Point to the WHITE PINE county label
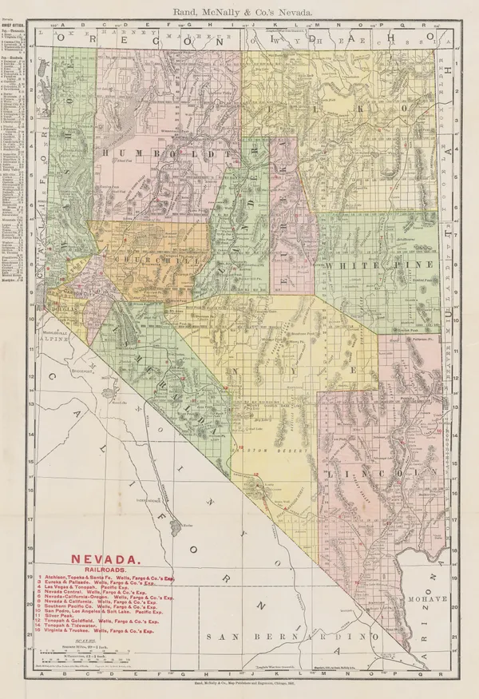(378, 264)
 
